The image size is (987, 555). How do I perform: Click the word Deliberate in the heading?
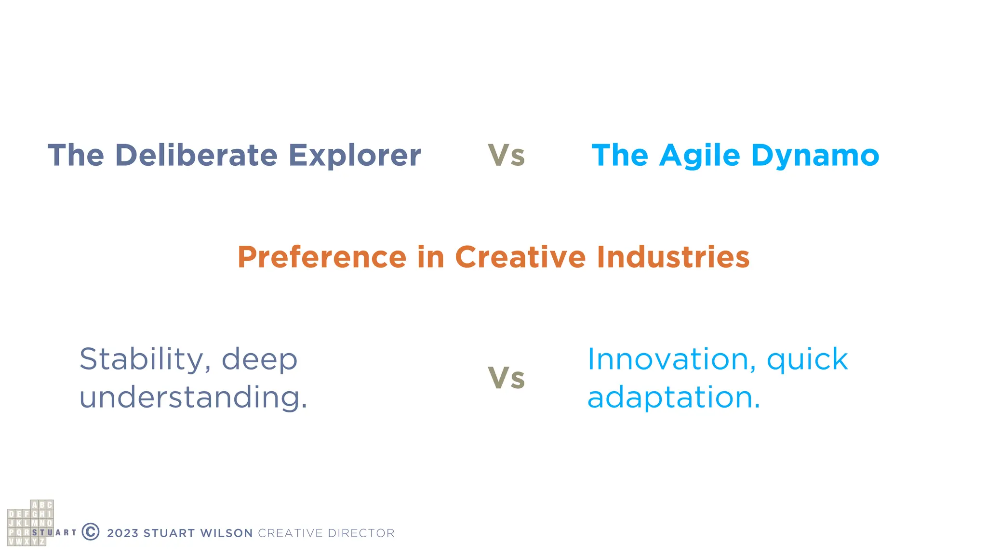(196, 156)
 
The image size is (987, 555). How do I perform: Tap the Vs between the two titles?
(506, 156)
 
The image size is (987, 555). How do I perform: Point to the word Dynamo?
(815, 156)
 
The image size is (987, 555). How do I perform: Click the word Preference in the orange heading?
(322, 257)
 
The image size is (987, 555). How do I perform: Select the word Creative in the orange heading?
(520, 257)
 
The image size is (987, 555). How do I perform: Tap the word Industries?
(673, 257)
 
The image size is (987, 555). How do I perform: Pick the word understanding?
(193, 397)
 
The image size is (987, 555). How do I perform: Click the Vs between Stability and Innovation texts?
(506, 378)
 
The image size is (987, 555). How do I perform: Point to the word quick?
(807, 360)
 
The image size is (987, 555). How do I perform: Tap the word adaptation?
(673, 397)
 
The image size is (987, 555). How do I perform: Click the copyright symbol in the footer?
(91, 532)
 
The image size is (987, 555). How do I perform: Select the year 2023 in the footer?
(122, 533)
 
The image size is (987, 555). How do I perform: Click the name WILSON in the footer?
(226, 533)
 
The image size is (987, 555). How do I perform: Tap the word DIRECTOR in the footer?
(360, 533)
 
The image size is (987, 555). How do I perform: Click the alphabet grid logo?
(30, 523)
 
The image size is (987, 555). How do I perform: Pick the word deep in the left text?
(259, 360)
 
